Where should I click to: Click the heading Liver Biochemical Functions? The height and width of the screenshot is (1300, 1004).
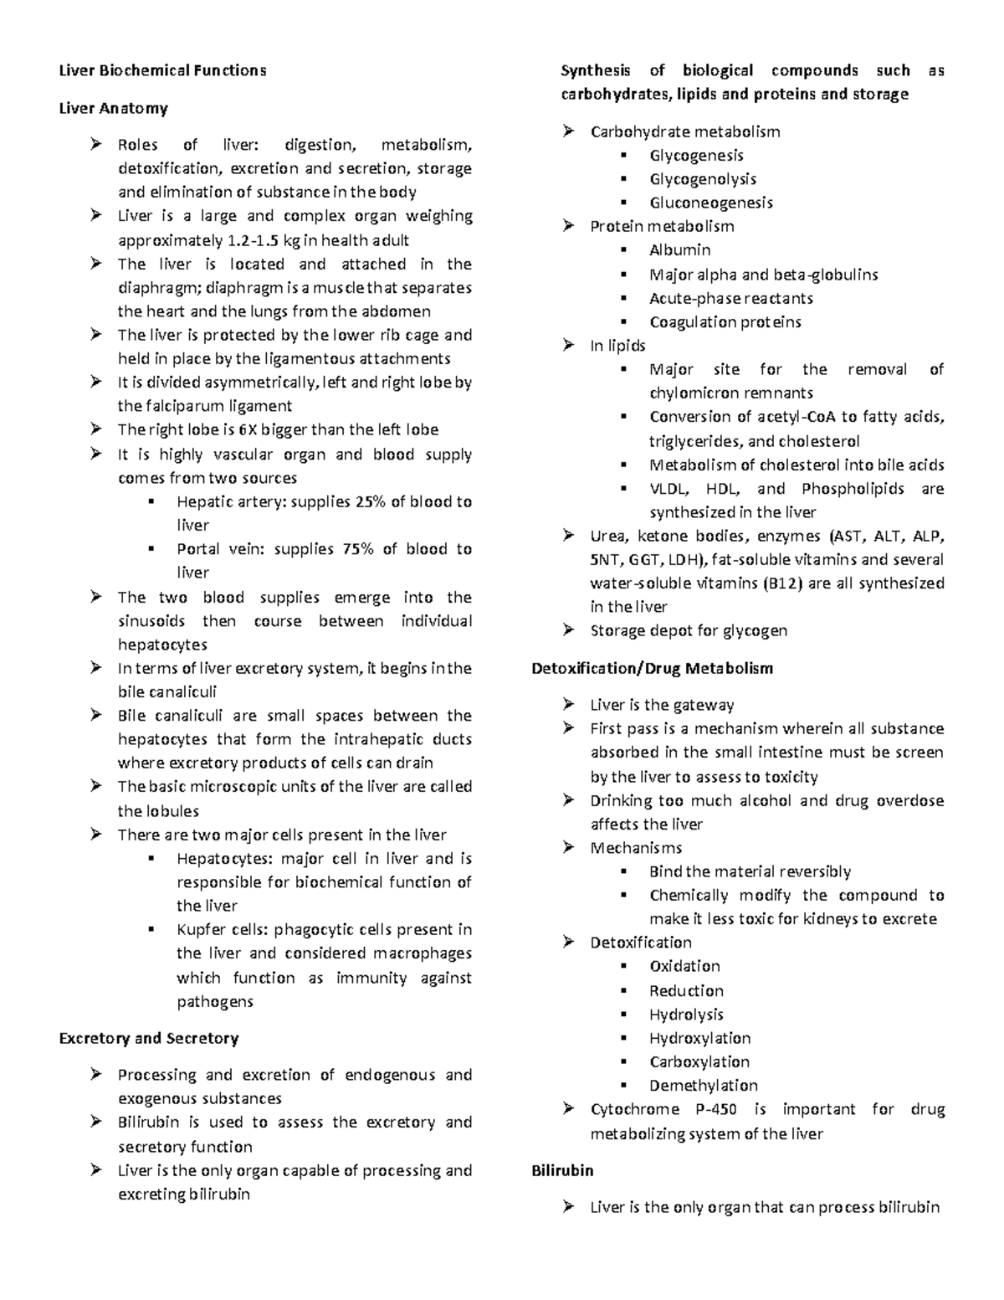point(162,70)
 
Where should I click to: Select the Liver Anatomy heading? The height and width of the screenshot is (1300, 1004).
point(113,108)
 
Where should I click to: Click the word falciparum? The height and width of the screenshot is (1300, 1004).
point(185,406)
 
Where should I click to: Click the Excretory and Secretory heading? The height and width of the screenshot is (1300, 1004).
point(149,1038)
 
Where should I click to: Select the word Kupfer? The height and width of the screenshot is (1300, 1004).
point(200,929)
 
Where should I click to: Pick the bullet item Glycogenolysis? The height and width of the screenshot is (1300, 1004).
point(703,179)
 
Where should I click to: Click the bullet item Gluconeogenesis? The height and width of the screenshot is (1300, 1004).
point(710,203)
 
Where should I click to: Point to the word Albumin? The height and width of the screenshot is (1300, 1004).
point(679,249)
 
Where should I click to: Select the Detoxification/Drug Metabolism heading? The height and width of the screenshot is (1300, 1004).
point(652,668)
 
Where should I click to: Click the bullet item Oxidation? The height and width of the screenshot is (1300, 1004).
point(684,966)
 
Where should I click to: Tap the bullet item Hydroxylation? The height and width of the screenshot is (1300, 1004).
point(699,1038)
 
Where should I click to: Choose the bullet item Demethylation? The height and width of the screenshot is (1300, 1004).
point(703,1086)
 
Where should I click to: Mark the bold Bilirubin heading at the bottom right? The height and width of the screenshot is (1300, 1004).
point(562,1170)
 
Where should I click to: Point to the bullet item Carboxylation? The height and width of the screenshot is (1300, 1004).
point(699,1061)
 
